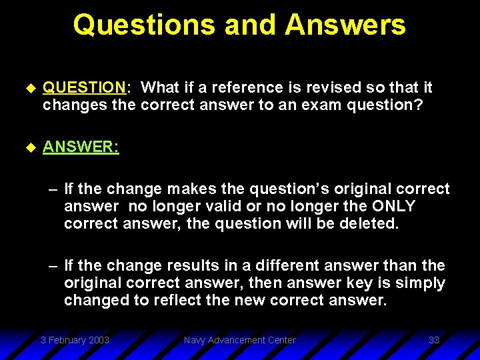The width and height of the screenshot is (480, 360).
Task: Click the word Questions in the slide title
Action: tap(143, 25)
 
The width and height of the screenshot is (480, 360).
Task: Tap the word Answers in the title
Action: tap(345, 25)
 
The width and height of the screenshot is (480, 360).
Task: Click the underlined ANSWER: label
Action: tap(81, 147)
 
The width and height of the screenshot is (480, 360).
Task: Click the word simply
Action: tap(419, 283)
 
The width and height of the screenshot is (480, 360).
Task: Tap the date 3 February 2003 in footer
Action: tap(75, 341)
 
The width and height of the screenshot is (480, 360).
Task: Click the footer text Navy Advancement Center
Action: tap(239, 341)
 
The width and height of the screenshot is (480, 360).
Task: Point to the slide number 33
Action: tap(433, 341)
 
